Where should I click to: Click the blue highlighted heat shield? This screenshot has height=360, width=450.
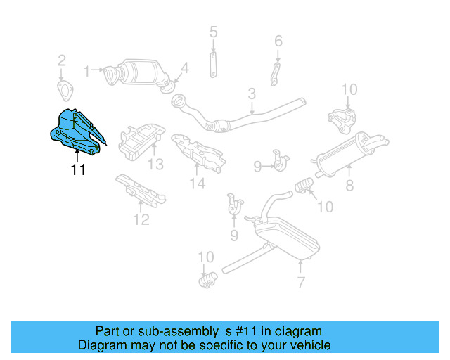[75, 129]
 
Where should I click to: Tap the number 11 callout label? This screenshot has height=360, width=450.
[77, 169]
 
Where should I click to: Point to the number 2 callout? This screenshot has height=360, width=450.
[62, 60]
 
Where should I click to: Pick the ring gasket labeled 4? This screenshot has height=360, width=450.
[167, 86]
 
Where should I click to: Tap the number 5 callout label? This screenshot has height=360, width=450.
[213, 32]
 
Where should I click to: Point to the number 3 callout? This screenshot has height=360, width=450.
[251, 93]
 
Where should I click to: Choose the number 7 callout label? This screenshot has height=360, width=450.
[301, 283]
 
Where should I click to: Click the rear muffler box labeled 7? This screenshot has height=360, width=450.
[288, 236]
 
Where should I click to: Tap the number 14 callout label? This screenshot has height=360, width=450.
[197, 184]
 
